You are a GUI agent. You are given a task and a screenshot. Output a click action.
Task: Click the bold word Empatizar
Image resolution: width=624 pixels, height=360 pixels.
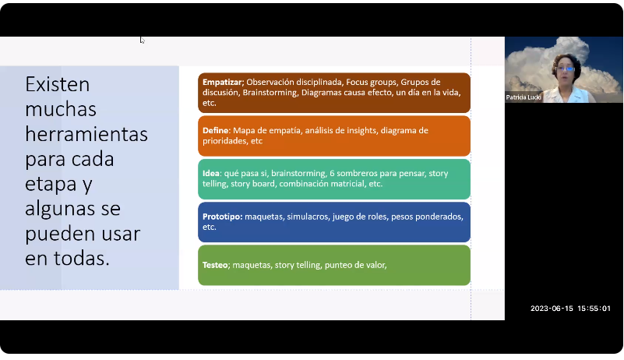(x=223, y=83)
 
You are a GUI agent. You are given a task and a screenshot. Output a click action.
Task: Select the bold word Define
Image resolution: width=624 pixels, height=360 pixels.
(x=216, y=130)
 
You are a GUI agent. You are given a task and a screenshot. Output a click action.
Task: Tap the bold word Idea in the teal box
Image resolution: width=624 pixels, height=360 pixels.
(x=211, y=173)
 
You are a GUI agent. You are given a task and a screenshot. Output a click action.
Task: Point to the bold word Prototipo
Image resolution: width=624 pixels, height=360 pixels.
(x=222, y=217)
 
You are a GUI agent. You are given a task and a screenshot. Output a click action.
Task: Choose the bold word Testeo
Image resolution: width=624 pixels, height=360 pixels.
(x=215, y=265)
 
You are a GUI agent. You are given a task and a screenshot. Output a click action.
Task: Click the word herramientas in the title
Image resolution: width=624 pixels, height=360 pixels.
(x=86, y=133)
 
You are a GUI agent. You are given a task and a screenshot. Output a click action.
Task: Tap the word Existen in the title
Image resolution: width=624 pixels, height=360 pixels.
(x=58, y=84)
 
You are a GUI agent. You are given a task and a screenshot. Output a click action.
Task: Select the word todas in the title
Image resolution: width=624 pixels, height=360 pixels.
(x=81, y=258)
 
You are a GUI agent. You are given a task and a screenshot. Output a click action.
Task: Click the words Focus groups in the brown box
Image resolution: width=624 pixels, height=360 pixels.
(x=372, y=83)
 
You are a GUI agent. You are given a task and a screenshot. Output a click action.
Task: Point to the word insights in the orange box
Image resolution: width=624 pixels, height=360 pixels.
(x=361, y=131)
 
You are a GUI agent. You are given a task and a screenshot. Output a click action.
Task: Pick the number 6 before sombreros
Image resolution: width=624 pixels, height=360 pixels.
(x=332, y=173)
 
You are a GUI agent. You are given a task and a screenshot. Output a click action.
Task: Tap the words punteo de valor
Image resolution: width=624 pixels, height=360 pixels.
(x=355, y=265)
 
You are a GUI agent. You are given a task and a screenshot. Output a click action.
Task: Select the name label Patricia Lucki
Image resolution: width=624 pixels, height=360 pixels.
(x=523, y=97)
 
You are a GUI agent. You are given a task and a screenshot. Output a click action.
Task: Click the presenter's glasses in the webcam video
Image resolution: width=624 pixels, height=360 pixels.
(x=566, y=69)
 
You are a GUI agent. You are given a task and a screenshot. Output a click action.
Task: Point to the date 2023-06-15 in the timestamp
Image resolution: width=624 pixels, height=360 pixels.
(x=552, y=309)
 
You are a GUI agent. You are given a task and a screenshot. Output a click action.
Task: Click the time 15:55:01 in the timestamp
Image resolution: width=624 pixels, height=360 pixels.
(x=594, y=309)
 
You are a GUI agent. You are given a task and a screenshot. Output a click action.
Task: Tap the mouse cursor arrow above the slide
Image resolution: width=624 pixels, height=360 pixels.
(x=142, y=40)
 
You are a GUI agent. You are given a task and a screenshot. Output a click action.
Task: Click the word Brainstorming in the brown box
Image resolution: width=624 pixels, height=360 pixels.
(x=270, y=93)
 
